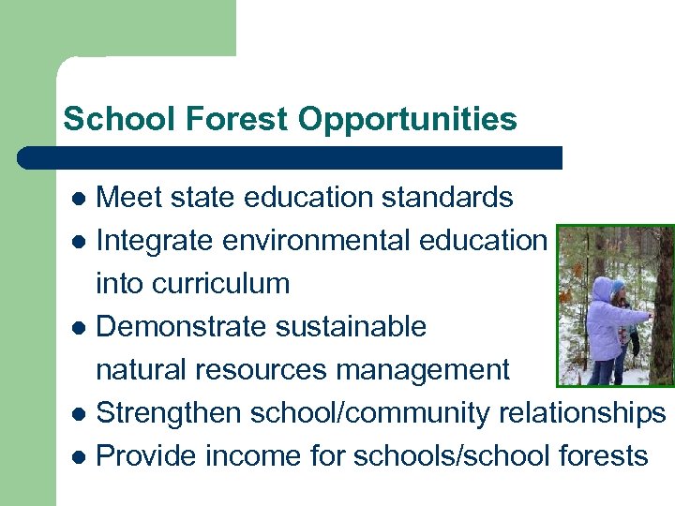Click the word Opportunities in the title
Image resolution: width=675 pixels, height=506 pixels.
408,120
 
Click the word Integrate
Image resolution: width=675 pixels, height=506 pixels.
155,241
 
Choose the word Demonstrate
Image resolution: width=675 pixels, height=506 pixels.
178,327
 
